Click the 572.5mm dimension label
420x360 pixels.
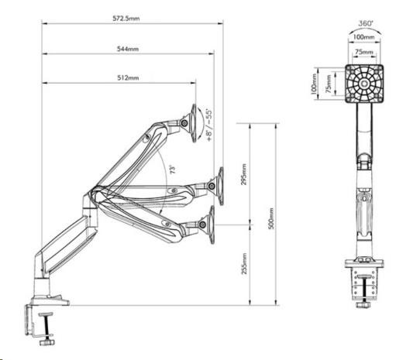point(126,19)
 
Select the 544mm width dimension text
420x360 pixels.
point(128,49)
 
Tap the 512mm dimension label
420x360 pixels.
point(128,78)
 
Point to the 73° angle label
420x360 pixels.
point(173,170)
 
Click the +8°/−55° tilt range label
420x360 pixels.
point(209,125)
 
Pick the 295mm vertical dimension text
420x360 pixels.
point(244,175)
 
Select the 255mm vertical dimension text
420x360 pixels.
point(244,264)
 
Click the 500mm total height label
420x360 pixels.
point(270,218)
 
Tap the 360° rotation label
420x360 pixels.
point(365,23)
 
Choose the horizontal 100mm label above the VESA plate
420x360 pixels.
point(363,37)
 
